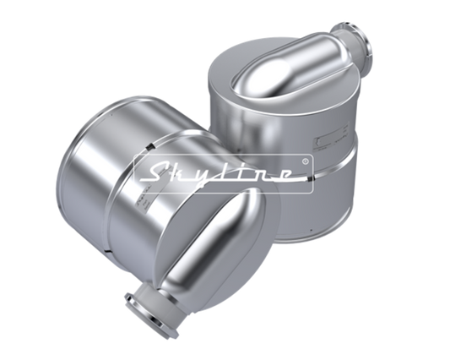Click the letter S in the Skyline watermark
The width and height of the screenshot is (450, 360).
pos(156,174)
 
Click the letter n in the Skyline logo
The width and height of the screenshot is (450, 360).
pos(263,176)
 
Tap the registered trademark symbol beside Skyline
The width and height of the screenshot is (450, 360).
pos(306,161)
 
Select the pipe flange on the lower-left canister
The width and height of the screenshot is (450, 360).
pos(150,314)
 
